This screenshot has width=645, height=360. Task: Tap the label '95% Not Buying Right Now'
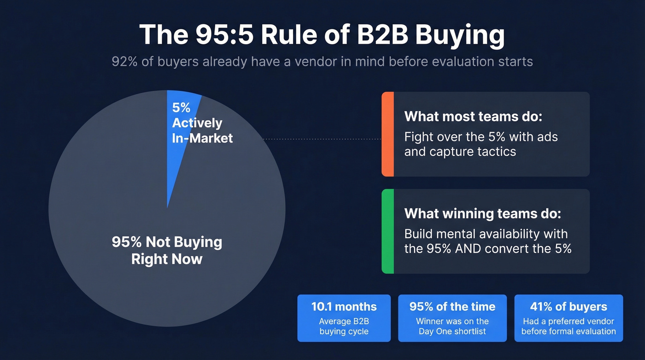point(167,250)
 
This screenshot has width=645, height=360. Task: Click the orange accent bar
point(387,134)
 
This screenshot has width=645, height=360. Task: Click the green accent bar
point(387,231)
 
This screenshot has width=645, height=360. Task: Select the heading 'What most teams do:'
point(473,116)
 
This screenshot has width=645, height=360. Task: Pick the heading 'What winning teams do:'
point(483,213)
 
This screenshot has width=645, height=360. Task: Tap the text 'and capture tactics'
point(460,151)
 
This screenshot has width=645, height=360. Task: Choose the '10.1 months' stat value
point(344,307)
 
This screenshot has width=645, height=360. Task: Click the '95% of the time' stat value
point(452,307)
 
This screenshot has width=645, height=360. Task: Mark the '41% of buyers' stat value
point(569,307)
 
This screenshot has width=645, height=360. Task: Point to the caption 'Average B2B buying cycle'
point(344,326)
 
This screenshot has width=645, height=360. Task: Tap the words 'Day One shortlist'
point(452,331)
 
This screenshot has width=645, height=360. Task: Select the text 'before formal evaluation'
point(569,331)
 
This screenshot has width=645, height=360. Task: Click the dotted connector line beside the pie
point(322,138)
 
